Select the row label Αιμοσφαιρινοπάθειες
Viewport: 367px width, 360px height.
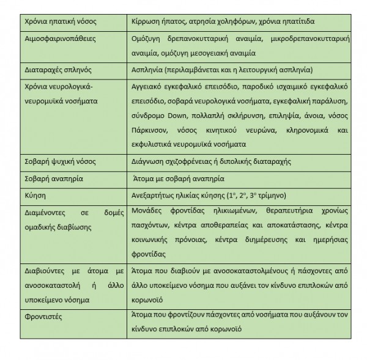(53, 39)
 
